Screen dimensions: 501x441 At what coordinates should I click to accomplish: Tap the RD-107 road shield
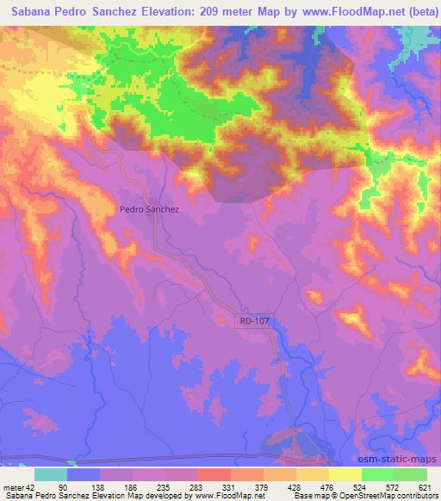(x=251, y=320)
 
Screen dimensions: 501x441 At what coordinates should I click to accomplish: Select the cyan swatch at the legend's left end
(x=51, y=474)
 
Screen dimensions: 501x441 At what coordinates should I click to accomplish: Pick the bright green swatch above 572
(x=377, y=474)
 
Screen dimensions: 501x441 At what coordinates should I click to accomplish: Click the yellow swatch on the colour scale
(x=345, y=474)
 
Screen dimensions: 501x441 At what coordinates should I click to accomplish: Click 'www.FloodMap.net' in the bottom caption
(x=229, y=497)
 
